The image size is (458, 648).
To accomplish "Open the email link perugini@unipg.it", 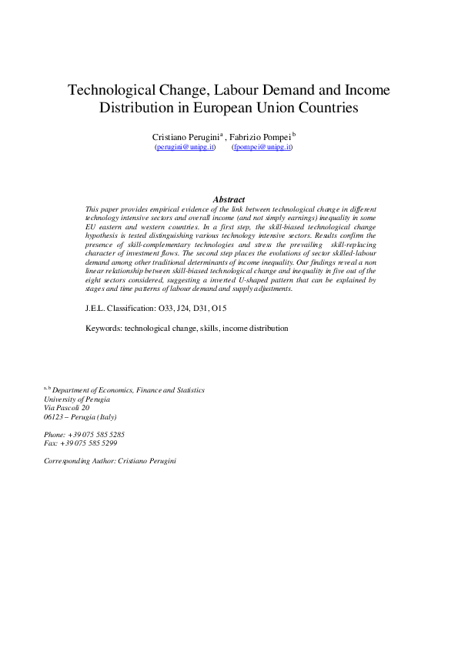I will click(185, 146).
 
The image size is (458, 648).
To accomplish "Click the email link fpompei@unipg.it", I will click(262, 146).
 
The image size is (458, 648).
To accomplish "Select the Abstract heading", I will click(229, 199).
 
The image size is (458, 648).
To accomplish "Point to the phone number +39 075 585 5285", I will click(95, 435).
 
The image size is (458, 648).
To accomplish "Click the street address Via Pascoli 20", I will click(67, 408).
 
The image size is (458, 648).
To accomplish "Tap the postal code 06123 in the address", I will click(55, 417).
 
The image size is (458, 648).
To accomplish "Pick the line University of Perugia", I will click(77, 399).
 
